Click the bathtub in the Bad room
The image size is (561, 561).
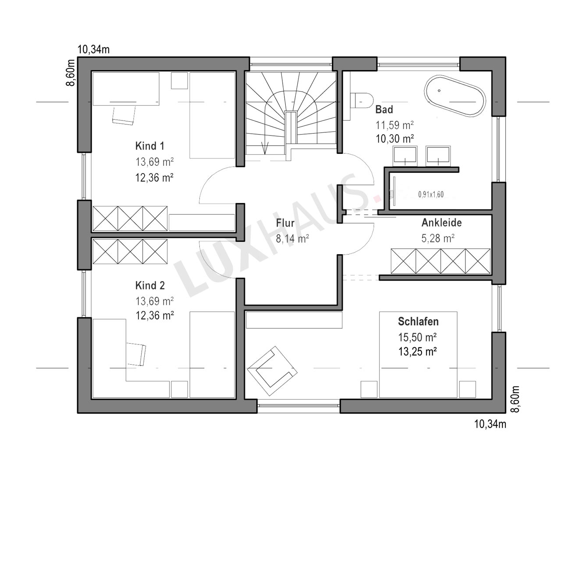pos(455,96)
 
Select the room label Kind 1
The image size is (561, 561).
pos(149,146)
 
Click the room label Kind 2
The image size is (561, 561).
pos(150,285)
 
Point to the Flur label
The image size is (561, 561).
pos(285,223)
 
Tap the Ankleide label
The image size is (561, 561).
pos(442,223)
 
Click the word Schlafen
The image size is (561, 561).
pos(418,321)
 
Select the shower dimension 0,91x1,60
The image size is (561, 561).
pos(431,195)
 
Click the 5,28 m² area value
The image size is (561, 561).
pos(438,238)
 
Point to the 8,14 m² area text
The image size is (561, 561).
pos(292,239)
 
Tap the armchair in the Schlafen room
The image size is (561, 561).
pos(272,371)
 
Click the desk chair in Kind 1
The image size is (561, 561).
pos(124,116)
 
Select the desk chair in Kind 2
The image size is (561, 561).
pos(136,354)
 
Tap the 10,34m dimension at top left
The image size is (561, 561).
pos(93,50)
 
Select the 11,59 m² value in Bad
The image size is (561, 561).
pos(395,125)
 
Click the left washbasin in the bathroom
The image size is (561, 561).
pos(405,156)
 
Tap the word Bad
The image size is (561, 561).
pos(384,110)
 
